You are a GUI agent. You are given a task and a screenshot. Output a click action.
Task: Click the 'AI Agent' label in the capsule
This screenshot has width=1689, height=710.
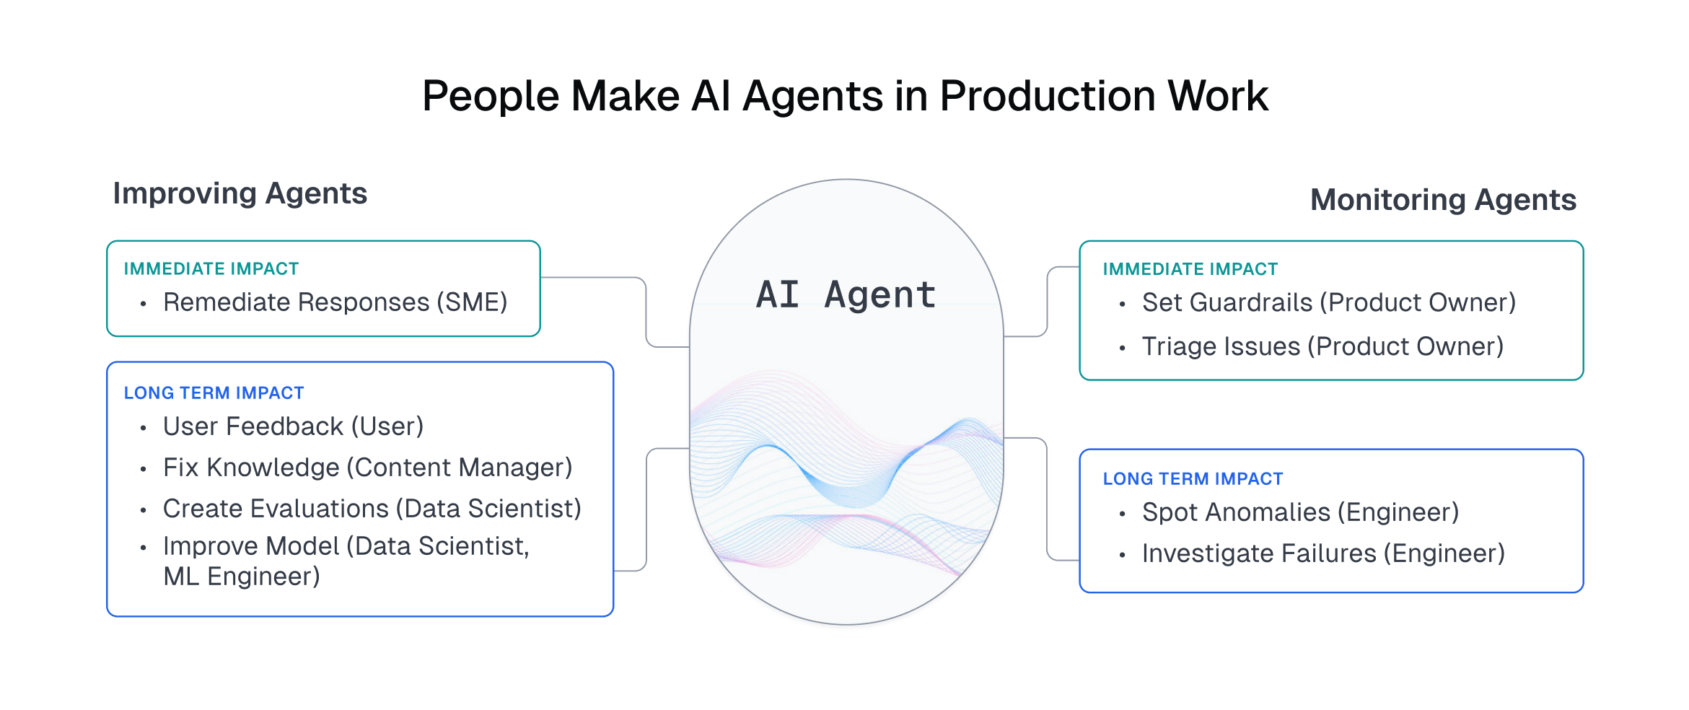point(846,295)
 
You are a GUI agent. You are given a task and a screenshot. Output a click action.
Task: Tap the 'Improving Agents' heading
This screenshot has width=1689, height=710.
point(240,194)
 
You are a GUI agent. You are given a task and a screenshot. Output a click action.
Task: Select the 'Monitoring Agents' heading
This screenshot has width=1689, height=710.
point(1443,200)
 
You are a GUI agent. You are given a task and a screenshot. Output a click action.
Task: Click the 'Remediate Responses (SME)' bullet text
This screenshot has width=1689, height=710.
point(335,302)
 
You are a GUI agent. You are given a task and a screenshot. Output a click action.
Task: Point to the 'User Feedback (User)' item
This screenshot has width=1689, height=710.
point(293,426)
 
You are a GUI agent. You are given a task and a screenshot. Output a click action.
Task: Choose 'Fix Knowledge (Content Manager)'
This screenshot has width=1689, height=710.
point(367,468)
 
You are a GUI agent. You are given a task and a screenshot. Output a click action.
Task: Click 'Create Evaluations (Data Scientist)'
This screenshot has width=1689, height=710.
point(372,509)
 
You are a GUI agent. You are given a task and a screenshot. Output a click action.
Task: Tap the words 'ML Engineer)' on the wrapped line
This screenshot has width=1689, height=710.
point(241,577)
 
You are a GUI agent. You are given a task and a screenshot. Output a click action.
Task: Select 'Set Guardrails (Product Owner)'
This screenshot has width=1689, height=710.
point(1328,302)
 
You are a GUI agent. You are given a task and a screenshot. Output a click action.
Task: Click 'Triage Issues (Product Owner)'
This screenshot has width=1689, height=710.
point(1322,346)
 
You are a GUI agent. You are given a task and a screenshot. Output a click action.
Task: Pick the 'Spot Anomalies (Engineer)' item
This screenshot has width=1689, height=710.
point(1300,512)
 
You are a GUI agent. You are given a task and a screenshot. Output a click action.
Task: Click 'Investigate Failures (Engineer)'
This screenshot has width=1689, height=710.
point(1323,553)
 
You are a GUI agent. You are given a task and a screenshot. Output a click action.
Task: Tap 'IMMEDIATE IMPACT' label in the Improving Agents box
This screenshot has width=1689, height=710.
point(211,269)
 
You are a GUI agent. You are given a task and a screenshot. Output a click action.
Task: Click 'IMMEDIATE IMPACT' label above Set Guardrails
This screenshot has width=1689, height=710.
point(1190,269)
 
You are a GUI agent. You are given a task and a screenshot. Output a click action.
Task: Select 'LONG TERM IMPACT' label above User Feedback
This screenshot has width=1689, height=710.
point(214,393)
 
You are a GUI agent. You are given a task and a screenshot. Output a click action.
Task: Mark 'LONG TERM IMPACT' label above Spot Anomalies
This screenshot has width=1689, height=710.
point(1193,479)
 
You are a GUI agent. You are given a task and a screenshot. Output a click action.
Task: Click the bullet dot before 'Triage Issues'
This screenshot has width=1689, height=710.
point(1122,349)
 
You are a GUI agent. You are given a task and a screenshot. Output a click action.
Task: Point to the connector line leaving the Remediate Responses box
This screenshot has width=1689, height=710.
point(592,278)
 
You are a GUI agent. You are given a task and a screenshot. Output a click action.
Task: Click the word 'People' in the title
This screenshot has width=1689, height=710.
point(490,96)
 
